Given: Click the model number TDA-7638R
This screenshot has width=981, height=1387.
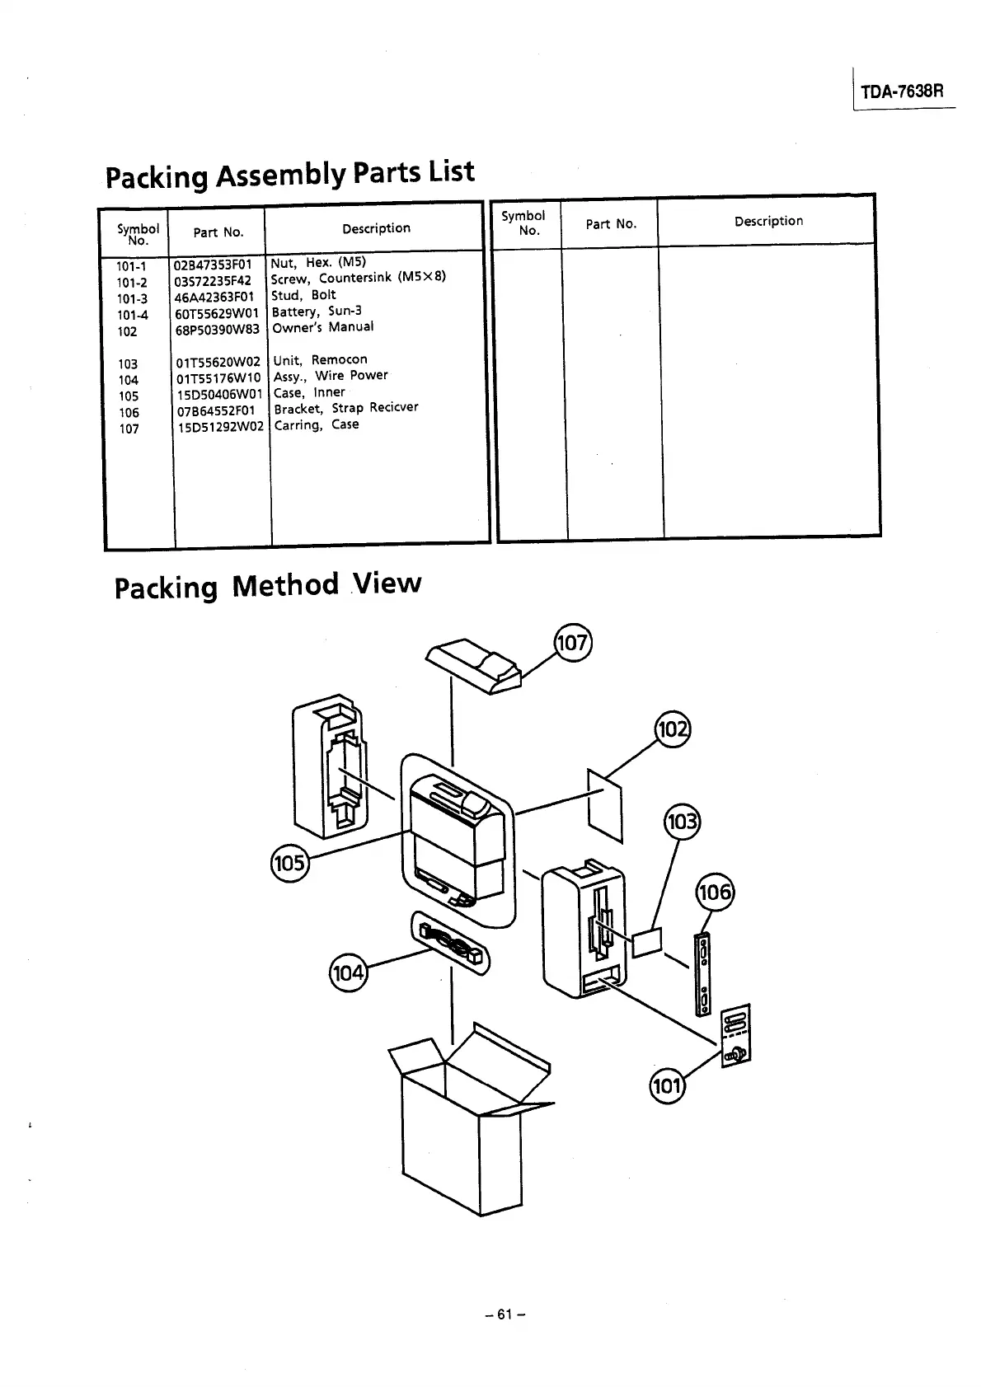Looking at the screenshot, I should (x=902, y=91).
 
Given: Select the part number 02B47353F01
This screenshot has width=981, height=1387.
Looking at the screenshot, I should (x=214, y=265).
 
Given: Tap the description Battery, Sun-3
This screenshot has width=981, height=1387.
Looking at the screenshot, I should (x=317, y=312).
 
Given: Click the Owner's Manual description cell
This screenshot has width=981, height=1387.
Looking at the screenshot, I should (x=322, y=327).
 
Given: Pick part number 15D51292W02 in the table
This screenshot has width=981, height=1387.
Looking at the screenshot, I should (x=220, y=427).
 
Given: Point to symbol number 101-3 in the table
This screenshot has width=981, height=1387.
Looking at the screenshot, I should (x=132, y=299).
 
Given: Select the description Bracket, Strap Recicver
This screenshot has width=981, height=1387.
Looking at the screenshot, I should (x=345, y=408).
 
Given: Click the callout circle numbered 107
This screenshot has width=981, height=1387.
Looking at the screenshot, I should (x=572, y=643).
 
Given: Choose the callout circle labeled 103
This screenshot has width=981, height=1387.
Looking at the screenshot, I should (x=681, y=822).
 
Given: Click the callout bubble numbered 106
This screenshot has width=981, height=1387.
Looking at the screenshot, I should (x=715, y=893).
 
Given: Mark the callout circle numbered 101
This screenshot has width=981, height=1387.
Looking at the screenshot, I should (x=667, y=1085).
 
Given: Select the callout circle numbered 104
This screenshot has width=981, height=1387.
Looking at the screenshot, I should (x=348, y=973).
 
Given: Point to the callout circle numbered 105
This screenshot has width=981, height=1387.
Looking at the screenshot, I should (x=289, y=863).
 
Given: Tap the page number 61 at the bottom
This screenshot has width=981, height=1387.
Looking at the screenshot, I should (x=505, y=1314).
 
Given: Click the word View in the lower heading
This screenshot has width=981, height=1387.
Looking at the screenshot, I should (x=387, y=583).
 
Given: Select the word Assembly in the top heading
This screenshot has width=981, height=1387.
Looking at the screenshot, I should (x=280, y=175).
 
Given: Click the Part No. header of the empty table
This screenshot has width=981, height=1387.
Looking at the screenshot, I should (x=611, y=223).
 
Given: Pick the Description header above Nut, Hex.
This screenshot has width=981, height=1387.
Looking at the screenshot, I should (x=376, y=228).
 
